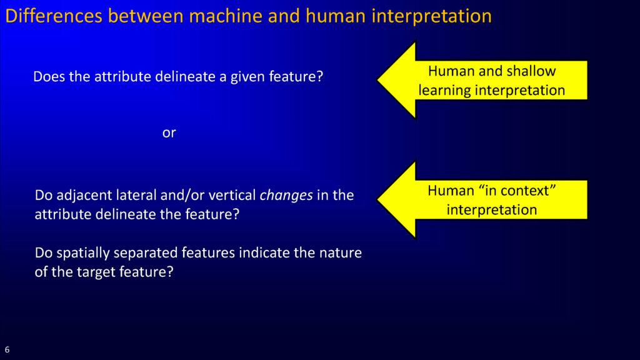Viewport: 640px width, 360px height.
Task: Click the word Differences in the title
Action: coord(54,16)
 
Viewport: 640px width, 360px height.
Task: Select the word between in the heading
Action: coord(146,16)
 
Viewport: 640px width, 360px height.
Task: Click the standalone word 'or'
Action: coord(169,133)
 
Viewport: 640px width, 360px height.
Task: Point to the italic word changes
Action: coord(286,196)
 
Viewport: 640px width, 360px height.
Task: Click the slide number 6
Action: coord(7,350)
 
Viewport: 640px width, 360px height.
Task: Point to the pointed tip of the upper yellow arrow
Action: coord(377,80)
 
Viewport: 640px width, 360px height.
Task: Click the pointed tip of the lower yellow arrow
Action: coord(377,199)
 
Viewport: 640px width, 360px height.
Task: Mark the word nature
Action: coord(341,253)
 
